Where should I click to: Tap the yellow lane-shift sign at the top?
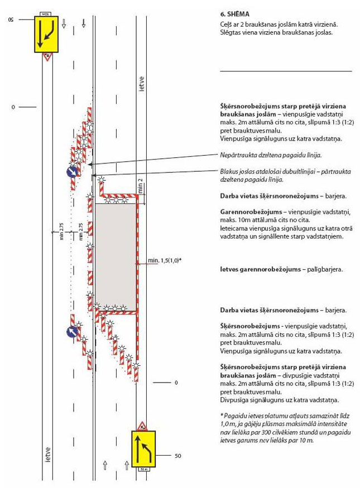(48, 33)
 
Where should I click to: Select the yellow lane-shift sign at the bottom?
(143, 448)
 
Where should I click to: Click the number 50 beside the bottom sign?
(177, 456)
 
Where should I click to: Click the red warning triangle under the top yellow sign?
(48, 56)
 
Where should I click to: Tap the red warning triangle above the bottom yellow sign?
(143, 425)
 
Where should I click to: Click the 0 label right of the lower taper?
(176, 383)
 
